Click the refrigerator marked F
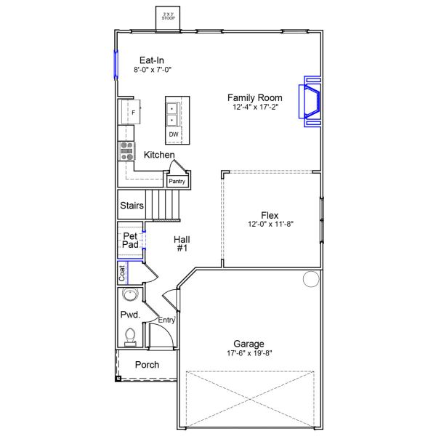(131, 112)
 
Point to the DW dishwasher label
(174, 134)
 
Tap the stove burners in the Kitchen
(126, 150)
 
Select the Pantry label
(177, 182)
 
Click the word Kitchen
(158, 155)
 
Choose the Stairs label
(132, 206)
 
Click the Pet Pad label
(130, 241)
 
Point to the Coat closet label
(123, 272)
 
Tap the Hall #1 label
(182, 243)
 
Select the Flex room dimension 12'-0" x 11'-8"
(270, 224)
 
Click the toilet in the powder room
(131, 336)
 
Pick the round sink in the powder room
(131, 296)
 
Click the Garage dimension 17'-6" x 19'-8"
(249, 354)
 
